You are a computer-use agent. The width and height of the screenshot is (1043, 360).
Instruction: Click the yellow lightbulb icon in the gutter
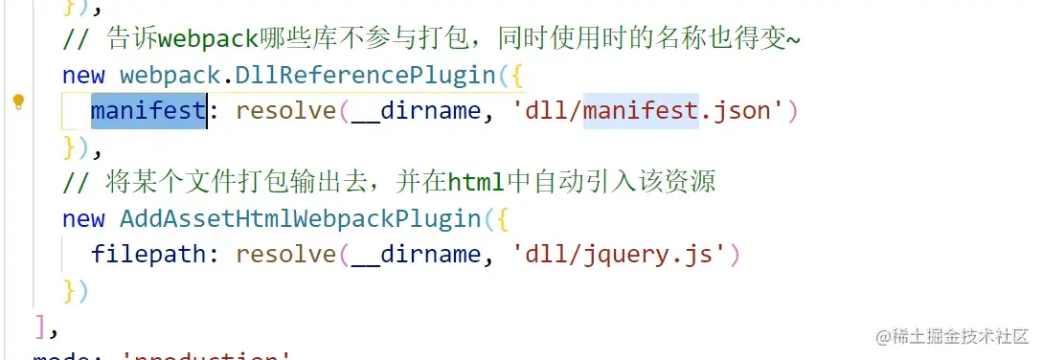click(18, 102)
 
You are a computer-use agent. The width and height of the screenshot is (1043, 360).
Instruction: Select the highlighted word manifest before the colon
click(148, 111)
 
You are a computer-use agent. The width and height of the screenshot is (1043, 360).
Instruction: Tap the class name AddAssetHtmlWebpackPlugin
click(300, 218)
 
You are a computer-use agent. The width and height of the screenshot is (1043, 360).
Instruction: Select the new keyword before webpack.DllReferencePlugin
click(83, 75)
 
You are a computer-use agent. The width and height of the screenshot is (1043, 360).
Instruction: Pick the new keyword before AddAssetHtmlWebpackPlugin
click(83, 218)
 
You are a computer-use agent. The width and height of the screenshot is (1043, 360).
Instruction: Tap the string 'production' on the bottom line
click(206, 356)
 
